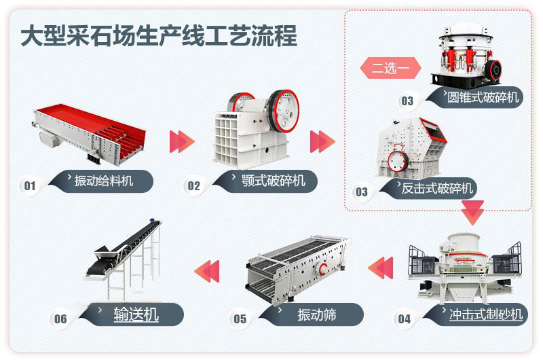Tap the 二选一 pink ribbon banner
pyautogui.click(x=390, y=69)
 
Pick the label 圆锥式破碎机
pyautogui.click(x=483, y=97)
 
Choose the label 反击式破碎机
pyautogui.click(x=436, y=188)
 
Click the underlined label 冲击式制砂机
pyautogui.click(x=486, y=314)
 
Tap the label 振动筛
pyautogui.click(x=316, y=314)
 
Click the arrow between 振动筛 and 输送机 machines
pyautogui.click(x=207, y=270)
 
